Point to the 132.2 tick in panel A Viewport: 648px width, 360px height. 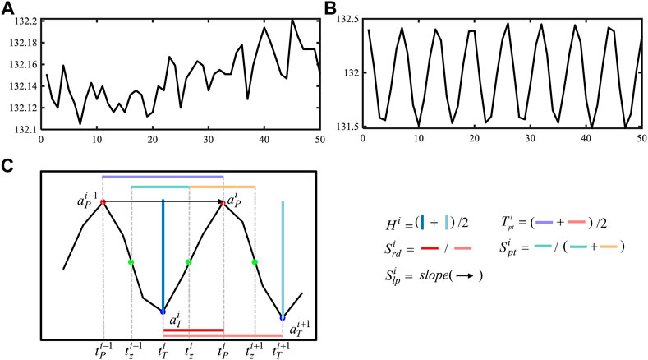click(19, 21)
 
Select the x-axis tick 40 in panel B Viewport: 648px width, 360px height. click(584, 138)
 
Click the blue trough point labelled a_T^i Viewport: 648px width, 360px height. click(163, 312)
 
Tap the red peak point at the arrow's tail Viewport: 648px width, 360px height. click(103, 201)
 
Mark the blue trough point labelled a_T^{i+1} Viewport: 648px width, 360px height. click(283, 317)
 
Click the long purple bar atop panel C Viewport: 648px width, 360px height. click(163, 176)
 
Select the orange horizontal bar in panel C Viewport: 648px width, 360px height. click(223, 187)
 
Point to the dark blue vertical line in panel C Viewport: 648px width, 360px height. click(163, 255)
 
